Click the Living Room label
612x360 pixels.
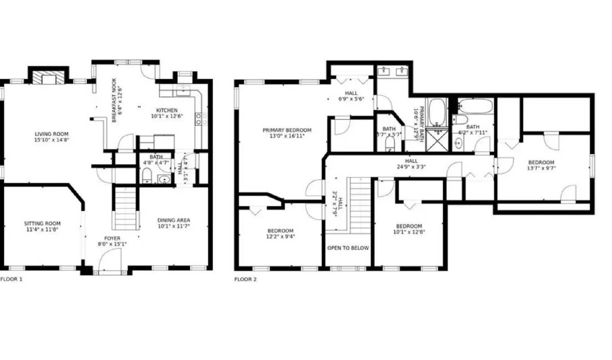pos(52,134)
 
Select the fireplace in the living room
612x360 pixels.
pos(49,78)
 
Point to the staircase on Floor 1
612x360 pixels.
pos(125,208)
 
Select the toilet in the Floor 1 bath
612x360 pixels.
pos(147,176)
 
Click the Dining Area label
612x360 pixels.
pos(174,220)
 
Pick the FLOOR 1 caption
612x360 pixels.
pos(11,279)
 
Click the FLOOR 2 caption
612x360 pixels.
pos(246,279)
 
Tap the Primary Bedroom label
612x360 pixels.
pos(287,130)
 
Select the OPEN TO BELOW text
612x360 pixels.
pos(348,248)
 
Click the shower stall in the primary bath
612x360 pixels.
pos(437,141)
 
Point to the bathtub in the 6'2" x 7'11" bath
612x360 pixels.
pos(475,106)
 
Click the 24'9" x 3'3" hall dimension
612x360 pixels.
pos(411,167)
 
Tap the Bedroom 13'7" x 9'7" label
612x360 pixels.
pos(541,162)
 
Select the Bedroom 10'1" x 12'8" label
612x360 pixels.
pos(409,226)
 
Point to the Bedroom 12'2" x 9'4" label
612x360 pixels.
pos(280,231)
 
